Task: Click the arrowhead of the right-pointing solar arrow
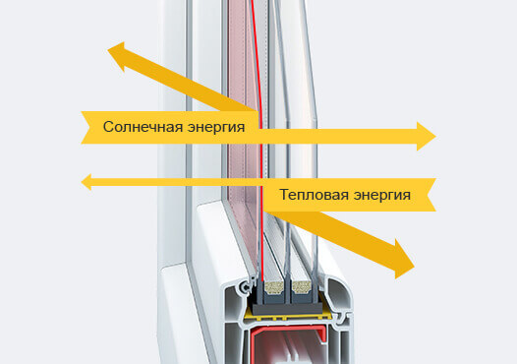425,136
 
